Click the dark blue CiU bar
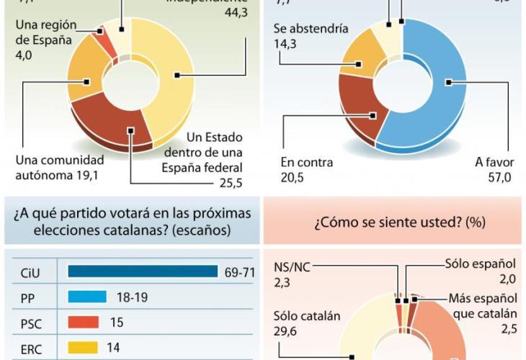142,271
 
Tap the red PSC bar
82,322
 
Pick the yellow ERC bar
82,347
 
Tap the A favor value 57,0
493,178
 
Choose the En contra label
306,163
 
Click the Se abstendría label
311,30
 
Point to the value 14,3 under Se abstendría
285,44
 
